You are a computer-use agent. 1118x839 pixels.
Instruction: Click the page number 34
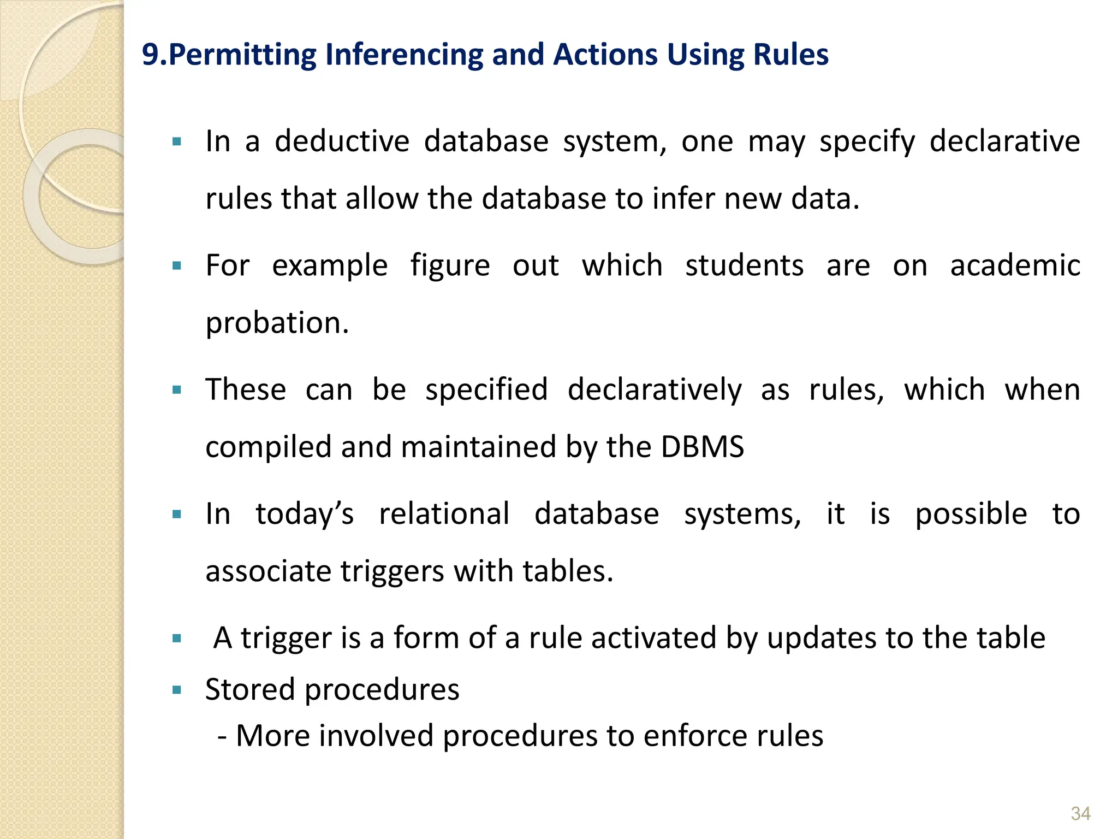[1080, 813]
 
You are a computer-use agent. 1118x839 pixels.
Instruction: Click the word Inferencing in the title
[404, 55]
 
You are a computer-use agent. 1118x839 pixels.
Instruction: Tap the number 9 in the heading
[150, 55]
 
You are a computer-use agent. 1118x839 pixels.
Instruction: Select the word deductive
[342, 141]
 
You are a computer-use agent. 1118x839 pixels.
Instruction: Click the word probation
[277, 322]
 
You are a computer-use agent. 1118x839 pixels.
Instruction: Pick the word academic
[1015, 265]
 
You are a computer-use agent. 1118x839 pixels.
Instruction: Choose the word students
[744, 265]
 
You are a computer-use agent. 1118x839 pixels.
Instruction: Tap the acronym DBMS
[702, 446]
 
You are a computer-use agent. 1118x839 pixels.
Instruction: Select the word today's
[305, 514]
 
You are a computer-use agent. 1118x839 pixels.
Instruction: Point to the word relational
[444, 514]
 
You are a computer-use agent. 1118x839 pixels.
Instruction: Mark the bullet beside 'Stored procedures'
[176, 690]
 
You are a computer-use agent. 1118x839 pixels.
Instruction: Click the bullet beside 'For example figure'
[176, 267]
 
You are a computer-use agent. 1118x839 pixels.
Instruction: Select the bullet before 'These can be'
[176, 390]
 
